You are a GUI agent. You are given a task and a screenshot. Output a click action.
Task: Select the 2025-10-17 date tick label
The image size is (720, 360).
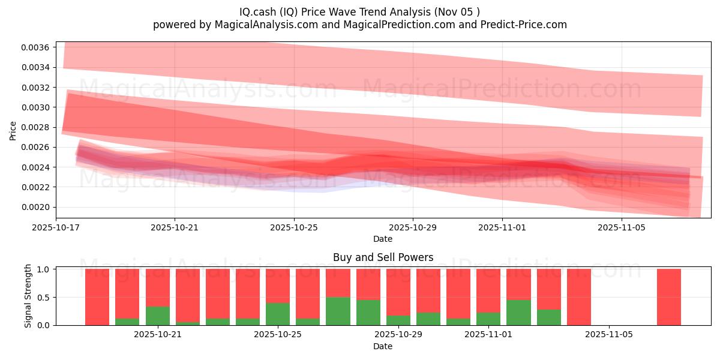pos(56,228)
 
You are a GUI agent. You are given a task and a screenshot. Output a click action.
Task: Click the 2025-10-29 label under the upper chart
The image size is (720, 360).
pos(413,228)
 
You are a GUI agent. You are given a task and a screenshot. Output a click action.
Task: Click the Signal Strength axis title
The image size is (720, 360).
pos(28,296)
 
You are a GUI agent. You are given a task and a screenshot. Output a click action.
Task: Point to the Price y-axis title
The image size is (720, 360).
pos(13,130)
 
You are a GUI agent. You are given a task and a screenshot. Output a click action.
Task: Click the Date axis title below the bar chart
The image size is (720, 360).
pos(383,346)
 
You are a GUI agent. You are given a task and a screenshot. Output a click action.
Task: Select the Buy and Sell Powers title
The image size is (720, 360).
pos(383,257)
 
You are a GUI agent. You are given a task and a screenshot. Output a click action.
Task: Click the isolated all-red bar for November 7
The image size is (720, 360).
pos(669,297)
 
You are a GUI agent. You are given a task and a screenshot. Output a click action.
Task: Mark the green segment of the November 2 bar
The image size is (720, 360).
pos(518,312)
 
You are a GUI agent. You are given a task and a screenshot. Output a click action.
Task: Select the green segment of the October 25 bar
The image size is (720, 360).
pos(278,314)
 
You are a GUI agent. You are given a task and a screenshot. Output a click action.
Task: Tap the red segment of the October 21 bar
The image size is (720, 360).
pos(158,287)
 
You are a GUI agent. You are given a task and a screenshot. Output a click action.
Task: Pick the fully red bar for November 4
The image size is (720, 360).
pos(579,297)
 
